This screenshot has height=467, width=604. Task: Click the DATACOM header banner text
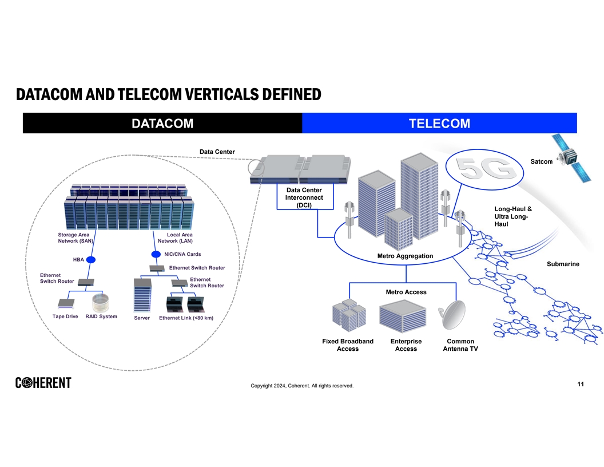click(x=162, y=123)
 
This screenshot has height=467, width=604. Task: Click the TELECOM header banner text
click(x=439, y=123)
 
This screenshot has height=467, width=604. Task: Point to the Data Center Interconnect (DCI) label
click(x=304, y=197)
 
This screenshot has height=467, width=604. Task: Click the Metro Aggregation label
click(x=405, y=256)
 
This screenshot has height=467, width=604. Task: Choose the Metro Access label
click(x=406, y=292)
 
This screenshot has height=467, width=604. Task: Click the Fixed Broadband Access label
click(x=348, y=345)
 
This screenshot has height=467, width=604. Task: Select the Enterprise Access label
click(x=406, y=345)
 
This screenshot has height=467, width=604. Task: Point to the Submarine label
click(x=563, y=264)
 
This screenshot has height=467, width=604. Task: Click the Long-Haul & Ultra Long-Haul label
click(x=512, y=216)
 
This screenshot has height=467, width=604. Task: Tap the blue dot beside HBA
click(x=90, y=260)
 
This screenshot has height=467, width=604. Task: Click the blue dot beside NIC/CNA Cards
click(x=156, y=254)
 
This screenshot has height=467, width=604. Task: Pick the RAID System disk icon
click(x=101, y=302)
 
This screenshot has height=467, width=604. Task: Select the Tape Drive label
click(x=65, y=316)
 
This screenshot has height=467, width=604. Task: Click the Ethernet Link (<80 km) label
click(x=186, y=318)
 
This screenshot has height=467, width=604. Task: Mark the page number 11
click(x=580, y=384)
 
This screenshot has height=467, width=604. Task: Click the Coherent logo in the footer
click(x=43, y=383)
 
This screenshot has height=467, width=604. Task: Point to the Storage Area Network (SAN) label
click(x=75, y=238)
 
